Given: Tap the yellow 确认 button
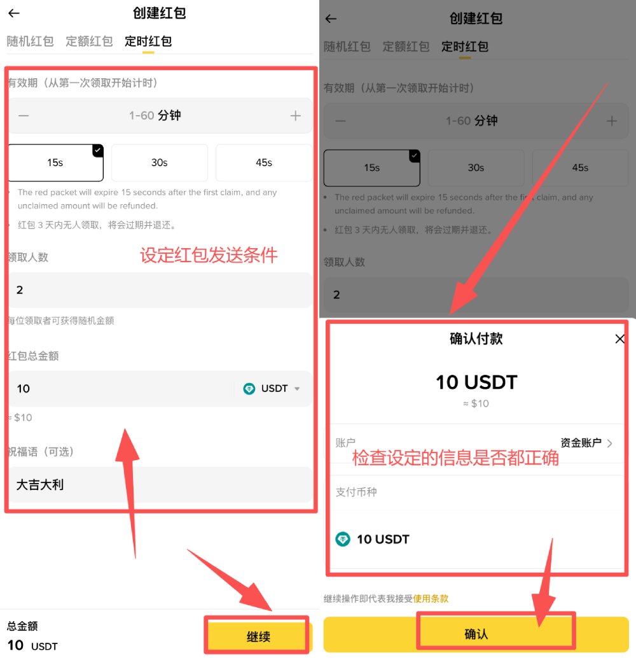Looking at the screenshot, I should [x=476, y=634].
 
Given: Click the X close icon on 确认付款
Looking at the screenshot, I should [x=620, y=339].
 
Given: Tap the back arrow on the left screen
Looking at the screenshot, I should [x=14, y=13].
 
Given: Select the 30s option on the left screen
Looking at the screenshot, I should [x=159, y=163].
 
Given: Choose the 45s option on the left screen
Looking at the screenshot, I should [x=263, y=163].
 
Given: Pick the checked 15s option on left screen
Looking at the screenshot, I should [x=55, y=163].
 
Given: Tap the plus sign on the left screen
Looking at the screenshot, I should [x=295, y=116].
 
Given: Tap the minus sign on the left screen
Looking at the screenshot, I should [x=24, y=116].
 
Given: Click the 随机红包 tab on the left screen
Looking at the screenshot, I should [x=30, y=42].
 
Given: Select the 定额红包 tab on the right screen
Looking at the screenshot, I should [x=406, y=47].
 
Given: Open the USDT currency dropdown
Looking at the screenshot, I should [x=274, y=389].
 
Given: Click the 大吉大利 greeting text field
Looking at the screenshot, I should [x=159, y=485].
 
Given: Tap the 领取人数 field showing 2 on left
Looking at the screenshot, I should [x=159, y=290].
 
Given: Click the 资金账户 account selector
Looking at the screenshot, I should [x=586, y=443].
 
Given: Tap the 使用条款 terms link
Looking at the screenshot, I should [x=431, y=599].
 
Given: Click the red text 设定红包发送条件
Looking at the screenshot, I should [x=209, y=256].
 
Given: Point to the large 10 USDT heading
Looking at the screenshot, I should [x=476, y=382].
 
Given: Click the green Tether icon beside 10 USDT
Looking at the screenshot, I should [x=343, y=540].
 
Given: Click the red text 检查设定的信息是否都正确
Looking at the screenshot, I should [x=455, y=458].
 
